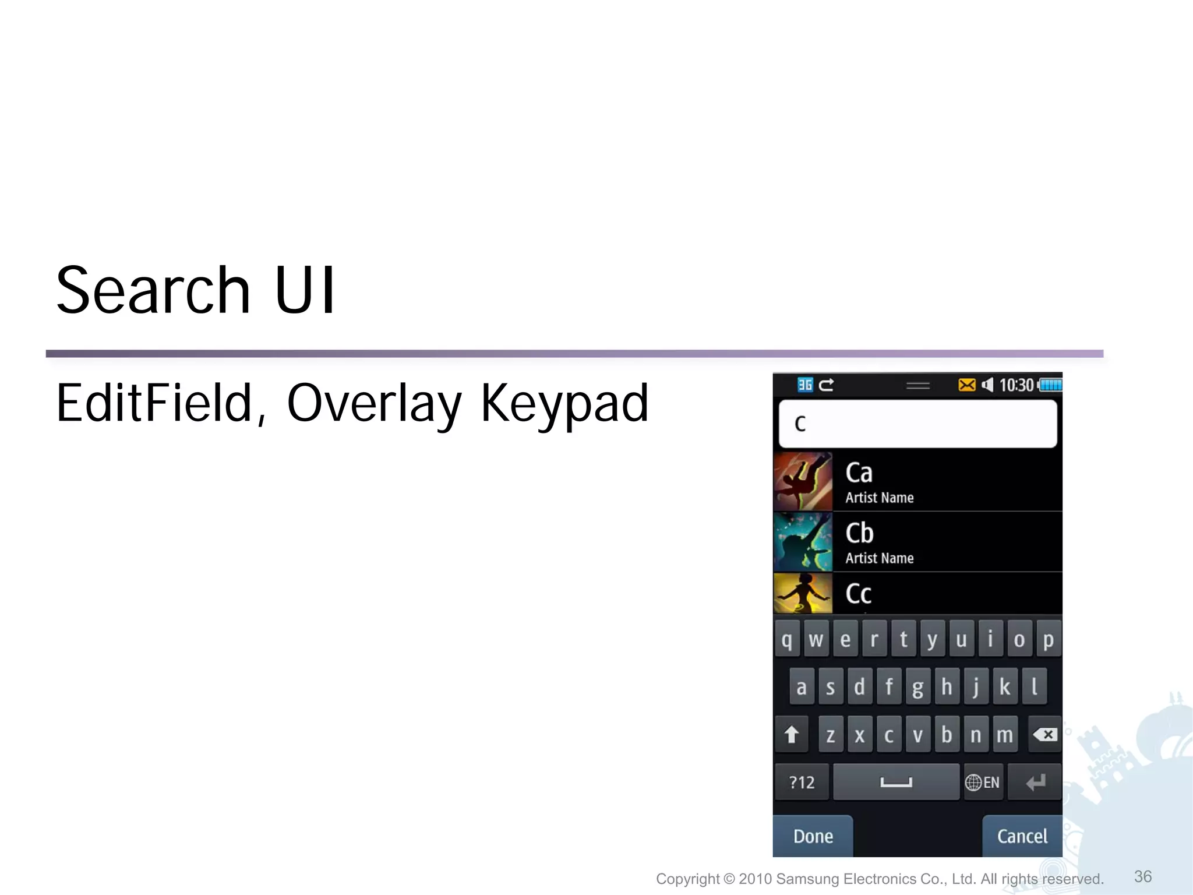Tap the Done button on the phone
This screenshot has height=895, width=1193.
(x=813, y=836)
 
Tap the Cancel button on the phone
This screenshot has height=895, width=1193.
(x=1022, y=836)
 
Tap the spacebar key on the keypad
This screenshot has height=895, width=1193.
(x=896, y=782)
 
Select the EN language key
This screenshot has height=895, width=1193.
(x=983, y=782)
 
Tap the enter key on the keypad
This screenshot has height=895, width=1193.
(x=1035, y=782)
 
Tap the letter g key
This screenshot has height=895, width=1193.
(x=917, y=687)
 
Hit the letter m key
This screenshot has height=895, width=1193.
(x=1005, y=735)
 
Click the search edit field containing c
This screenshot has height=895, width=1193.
(x=917, y=424)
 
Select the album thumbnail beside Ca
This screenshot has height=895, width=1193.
(x=803, y=482)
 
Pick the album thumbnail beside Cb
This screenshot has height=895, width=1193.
(x=803, y=542)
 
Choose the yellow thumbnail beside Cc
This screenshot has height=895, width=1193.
(x=803, y=593)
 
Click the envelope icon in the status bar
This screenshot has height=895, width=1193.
(x=966, y=385)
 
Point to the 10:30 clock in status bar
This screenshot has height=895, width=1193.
(x=1016, y=385)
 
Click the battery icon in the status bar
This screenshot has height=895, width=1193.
(x=1050, y=385)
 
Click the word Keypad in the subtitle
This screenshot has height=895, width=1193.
(x=564, y=404)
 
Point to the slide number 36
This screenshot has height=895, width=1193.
(x=1143, y=876)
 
